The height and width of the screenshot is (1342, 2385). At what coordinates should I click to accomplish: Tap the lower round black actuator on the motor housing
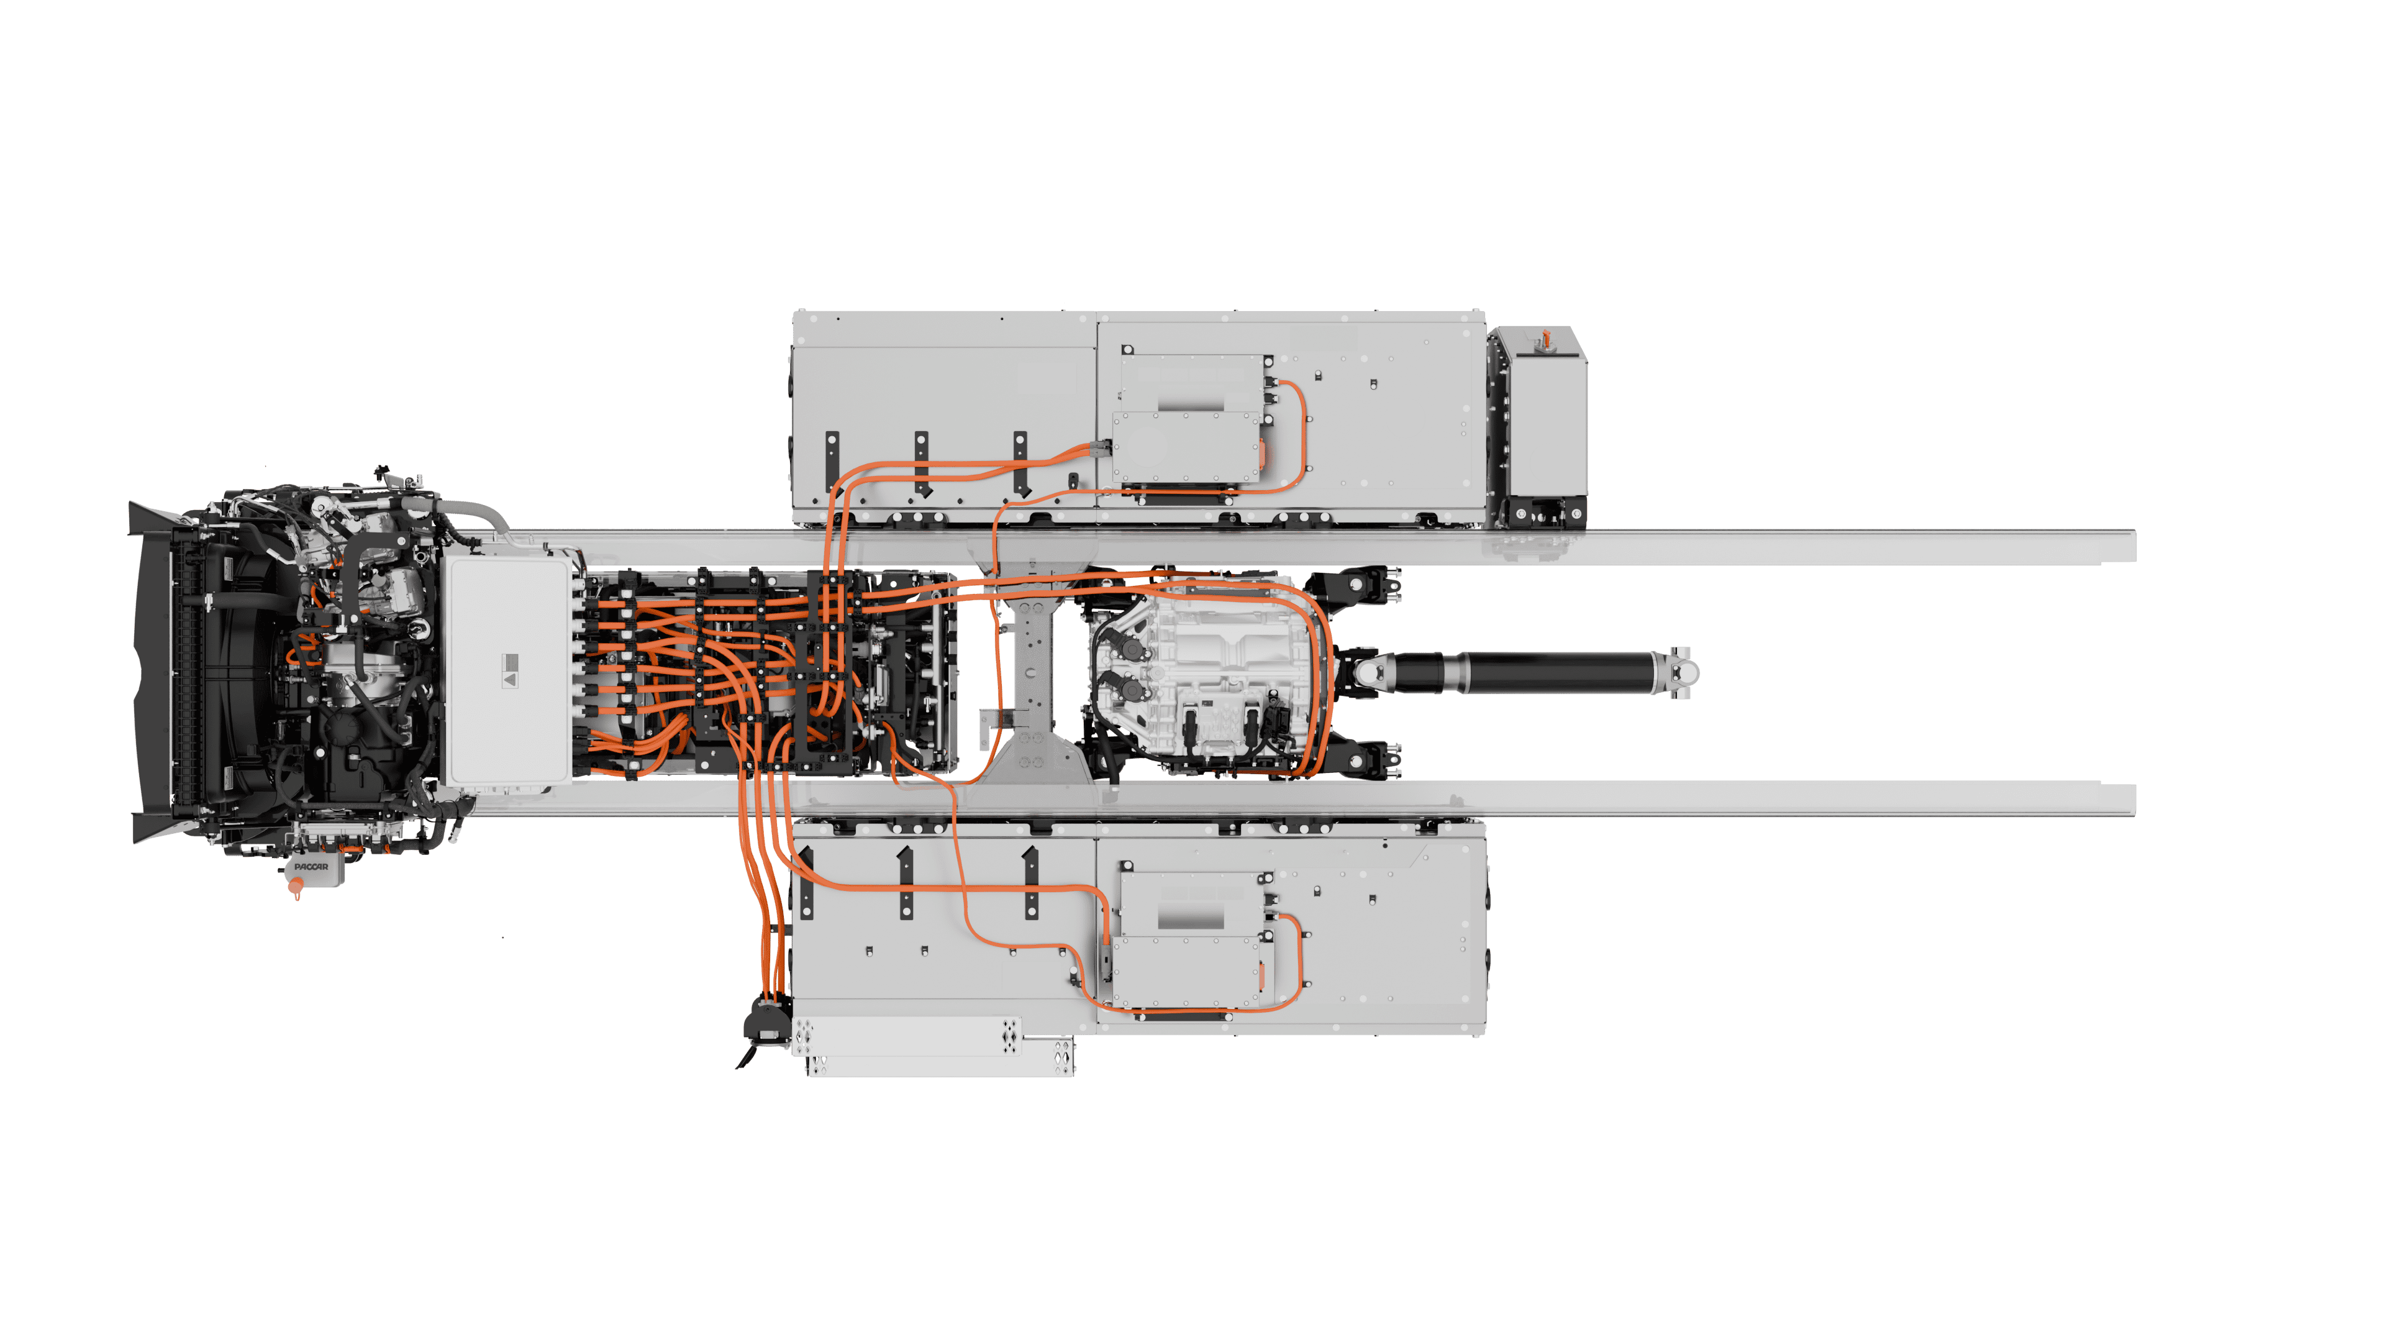point(1132,689)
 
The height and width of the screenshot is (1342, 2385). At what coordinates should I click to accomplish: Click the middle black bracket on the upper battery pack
point(922,461)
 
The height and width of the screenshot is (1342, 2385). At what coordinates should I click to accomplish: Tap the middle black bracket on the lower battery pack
point(906,883)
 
